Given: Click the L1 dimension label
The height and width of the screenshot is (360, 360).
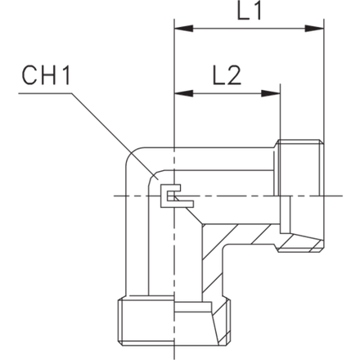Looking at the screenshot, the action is pos(250,11).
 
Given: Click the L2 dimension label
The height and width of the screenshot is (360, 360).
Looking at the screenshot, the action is pos(227,75).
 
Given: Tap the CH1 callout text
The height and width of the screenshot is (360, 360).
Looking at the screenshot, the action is pos(46,75).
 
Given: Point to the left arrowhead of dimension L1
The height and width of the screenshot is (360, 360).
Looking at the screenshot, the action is pos(184,29).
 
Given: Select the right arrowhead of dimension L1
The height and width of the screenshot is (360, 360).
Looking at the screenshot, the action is pos(314,29).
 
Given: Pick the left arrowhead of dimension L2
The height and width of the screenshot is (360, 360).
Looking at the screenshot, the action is pos(184,93).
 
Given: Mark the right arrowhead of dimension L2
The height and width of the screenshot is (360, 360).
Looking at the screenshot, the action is pos(271,93).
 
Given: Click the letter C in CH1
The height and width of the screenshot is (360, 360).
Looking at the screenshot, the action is pos(29,75).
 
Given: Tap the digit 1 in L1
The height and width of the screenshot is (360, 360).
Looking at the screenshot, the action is pos(257,11).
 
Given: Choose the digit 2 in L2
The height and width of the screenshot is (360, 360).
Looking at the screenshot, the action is pos(235,75).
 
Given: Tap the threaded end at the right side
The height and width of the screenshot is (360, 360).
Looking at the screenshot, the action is pos(300,196).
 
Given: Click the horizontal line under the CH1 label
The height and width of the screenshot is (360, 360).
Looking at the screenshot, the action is pos(45,93).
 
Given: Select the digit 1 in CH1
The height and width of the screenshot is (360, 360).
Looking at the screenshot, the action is pos(65,75).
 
